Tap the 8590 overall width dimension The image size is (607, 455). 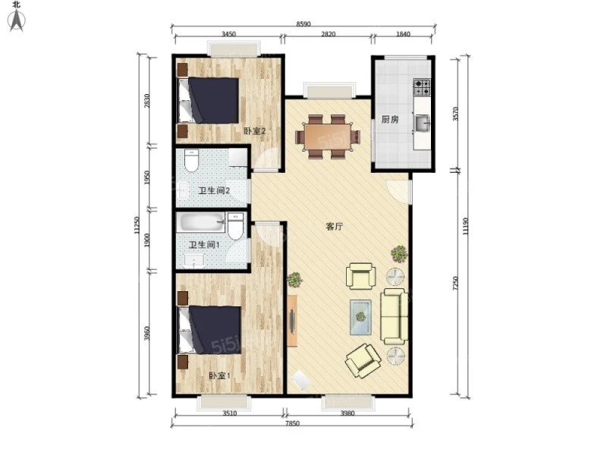click(303, 24)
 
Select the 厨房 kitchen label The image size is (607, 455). click(390, 120)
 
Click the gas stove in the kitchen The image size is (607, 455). click(423, 87)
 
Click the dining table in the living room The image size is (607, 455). click(328, 136)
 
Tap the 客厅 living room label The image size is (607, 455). click(334, 226)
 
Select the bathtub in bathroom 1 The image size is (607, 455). click(201, 222)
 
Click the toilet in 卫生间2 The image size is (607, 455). click(191, 161)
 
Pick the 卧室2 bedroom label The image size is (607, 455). click(254, 131)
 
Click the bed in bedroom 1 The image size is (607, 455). click(209, 330)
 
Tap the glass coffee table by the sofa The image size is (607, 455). click(361, 317)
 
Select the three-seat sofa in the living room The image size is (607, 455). click(395, 316)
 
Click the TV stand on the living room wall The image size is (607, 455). click(292, 321)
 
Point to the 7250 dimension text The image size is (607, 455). click(455, 283)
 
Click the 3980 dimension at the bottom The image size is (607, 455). click(348, 413)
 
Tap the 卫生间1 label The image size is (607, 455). click(204, 245)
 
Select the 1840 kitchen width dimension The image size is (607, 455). click(403, 34)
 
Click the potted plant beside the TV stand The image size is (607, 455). click(295, 279)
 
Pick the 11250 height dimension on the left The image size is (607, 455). click(137, 225)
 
